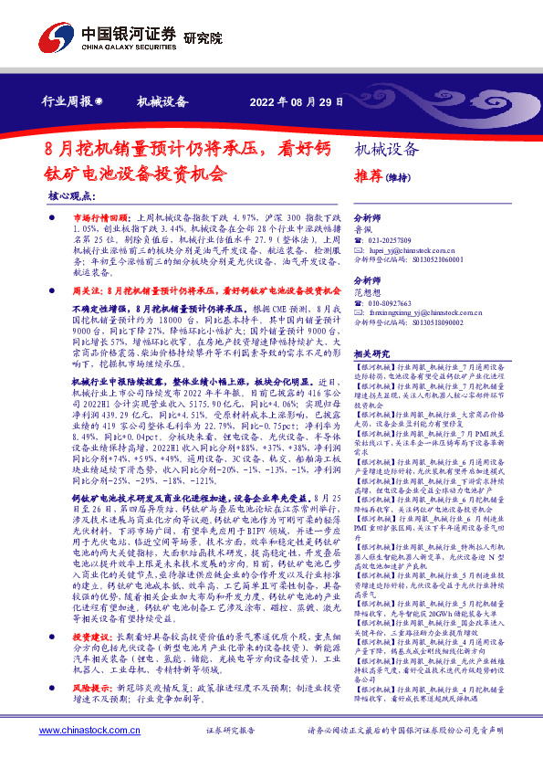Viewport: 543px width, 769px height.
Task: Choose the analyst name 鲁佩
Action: pyautogui.click(x=364, y=231)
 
